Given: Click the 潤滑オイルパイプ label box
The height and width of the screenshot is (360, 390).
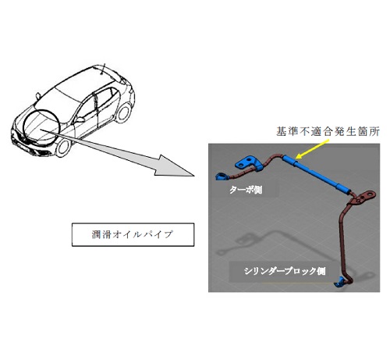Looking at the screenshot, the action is tap(133, 234).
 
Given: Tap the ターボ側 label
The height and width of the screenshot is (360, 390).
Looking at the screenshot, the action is tap(246, 190).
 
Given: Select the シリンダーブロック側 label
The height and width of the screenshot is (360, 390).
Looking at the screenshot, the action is tap(285, 271).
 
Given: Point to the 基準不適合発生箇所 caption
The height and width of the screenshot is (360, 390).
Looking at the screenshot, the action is tap(328, 132).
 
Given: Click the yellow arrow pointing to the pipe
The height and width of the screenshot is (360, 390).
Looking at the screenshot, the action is tap(313, 149).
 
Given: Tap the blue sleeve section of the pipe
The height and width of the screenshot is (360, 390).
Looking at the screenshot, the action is tap(316, 174).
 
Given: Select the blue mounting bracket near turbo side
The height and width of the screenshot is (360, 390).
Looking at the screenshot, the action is tap(248, 162).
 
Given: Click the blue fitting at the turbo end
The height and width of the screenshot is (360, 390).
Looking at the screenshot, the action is tap(221, 176).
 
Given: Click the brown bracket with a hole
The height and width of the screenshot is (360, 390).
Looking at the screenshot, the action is tap(364, 197).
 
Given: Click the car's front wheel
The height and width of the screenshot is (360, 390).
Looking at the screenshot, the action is tap(62, 147).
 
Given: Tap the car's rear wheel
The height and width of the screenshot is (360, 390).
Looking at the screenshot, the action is tap(123, 112).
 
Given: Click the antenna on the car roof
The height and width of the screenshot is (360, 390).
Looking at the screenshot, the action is tap(103, 69).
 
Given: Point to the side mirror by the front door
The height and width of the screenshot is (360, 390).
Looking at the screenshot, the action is tap(80, 119).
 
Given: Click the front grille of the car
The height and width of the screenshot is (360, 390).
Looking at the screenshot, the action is tap(19, 137).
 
